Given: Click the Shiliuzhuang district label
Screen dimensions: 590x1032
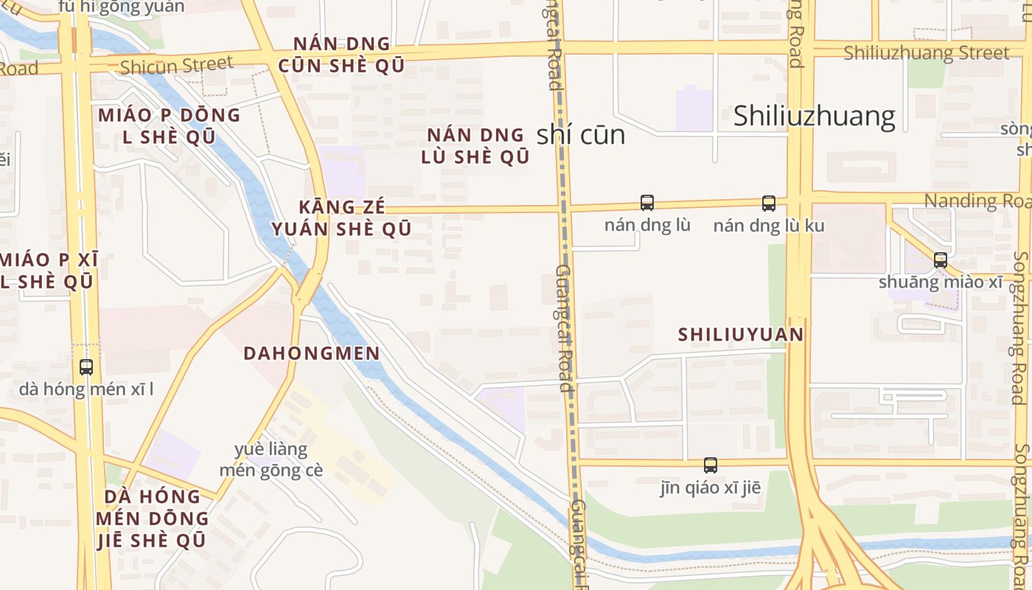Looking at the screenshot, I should tap(814, 116).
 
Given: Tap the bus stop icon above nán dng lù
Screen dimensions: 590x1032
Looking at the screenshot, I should tap(647, 203).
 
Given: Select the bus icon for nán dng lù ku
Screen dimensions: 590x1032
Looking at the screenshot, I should tap(769, 204).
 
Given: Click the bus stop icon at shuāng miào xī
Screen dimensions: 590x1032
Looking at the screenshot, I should tap(940, 260).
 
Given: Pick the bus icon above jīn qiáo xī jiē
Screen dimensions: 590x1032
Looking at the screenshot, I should tap(711, 465).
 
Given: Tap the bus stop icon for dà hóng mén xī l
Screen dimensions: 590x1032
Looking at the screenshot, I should tap(86, 367).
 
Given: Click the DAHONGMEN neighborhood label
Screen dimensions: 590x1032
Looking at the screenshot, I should tap(312, 353).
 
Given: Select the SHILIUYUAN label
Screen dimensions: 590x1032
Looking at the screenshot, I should tap(741, 335).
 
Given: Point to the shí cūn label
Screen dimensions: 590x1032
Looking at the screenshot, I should tap(581, 134).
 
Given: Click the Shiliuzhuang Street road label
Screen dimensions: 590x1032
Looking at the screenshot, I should tap(926, 53).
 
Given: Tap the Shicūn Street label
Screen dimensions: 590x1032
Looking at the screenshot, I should tap(176, 66).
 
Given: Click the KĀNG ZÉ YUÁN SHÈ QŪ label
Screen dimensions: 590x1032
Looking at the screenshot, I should tap(342, 218).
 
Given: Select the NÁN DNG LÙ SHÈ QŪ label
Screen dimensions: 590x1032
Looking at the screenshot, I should tap(475, 145).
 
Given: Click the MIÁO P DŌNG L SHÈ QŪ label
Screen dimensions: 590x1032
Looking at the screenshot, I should tap(169, 125).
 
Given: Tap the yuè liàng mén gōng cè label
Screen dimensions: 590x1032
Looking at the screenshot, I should tap(271, 459).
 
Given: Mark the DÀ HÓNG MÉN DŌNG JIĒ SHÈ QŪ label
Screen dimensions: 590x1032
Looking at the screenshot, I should tap(152, 518).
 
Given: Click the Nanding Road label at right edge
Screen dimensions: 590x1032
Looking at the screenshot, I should tap(977, 201).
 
